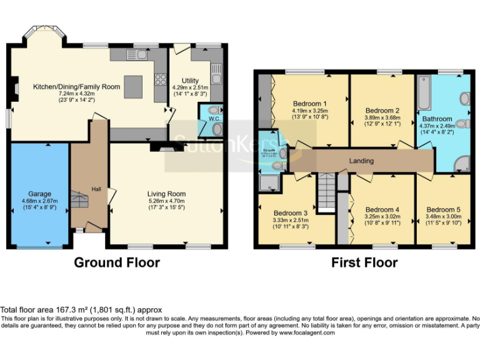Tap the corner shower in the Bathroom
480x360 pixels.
point(462,163)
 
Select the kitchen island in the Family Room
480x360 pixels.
point(132,86)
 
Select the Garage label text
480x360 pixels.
point(39,194)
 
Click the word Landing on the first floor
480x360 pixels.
point(361,161)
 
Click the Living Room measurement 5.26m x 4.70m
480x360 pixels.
point(166,201)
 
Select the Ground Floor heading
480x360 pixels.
point(117,262)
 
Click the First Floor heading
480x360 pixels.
point(364,262)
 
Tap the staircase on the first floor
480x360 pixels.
point(325,191)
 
